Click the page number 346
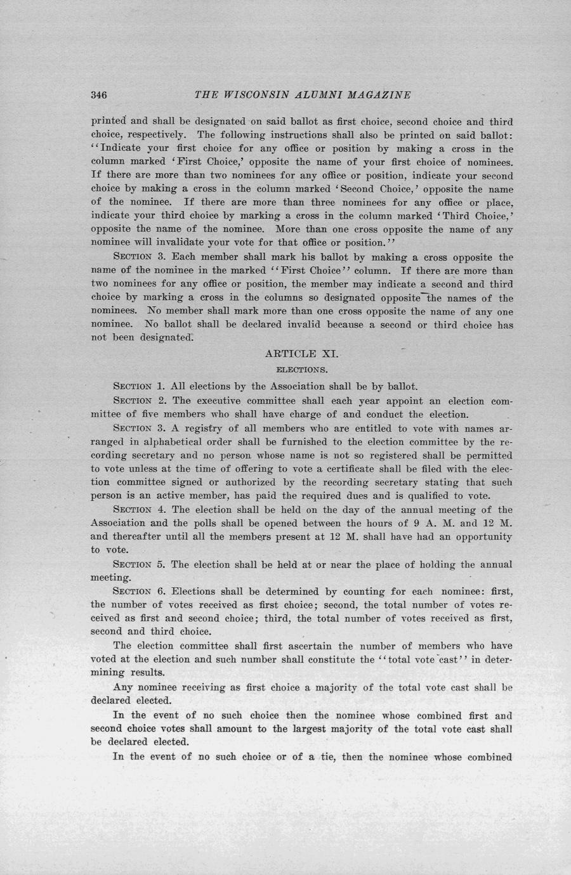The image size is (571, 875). [x=98, y=95]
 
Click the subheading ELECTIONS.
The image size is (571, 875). [x=302, y=369]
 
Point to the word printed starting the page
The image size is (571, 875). [x=109, y=121]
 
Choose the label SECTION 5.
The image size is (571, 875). [x=138, y=564]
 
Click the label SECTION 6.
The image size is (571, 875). [x=138, y=592]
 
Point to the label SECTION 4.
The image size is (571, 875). [x=138, y=510]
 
